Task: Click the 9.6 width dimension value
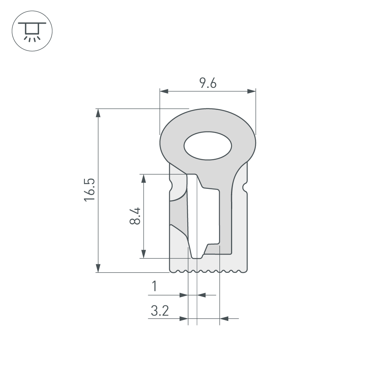(x=208, y=83)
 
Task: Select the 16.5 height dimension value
(x=89, y=190)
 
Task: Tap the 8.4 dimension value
(x=135, y=216)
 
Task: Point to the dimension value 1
(x=154, y=287)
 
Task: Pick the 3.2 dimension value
(x=160, y=310)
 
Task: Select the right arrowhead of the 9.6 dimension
(x=252, y=91)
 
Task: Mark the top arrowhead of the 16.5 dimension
(x=98, y=113)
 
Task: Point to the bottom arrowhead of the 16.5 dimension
(x=98, y=268)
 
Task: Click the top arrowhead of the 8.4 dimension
(x=144, y=178)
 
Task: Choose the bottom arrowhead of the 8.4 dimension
(x=144, y=254)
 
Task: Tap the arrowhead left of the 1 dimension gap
(x=184, y=295)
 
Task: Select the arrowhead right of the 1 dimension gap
(x=202, y=295)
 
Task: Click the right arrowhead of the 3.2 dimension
(x=224, y=319)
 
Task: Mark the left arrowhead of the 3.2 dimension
(x=184, y=319)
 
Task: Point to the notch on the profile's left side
(x=171, y=187)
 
